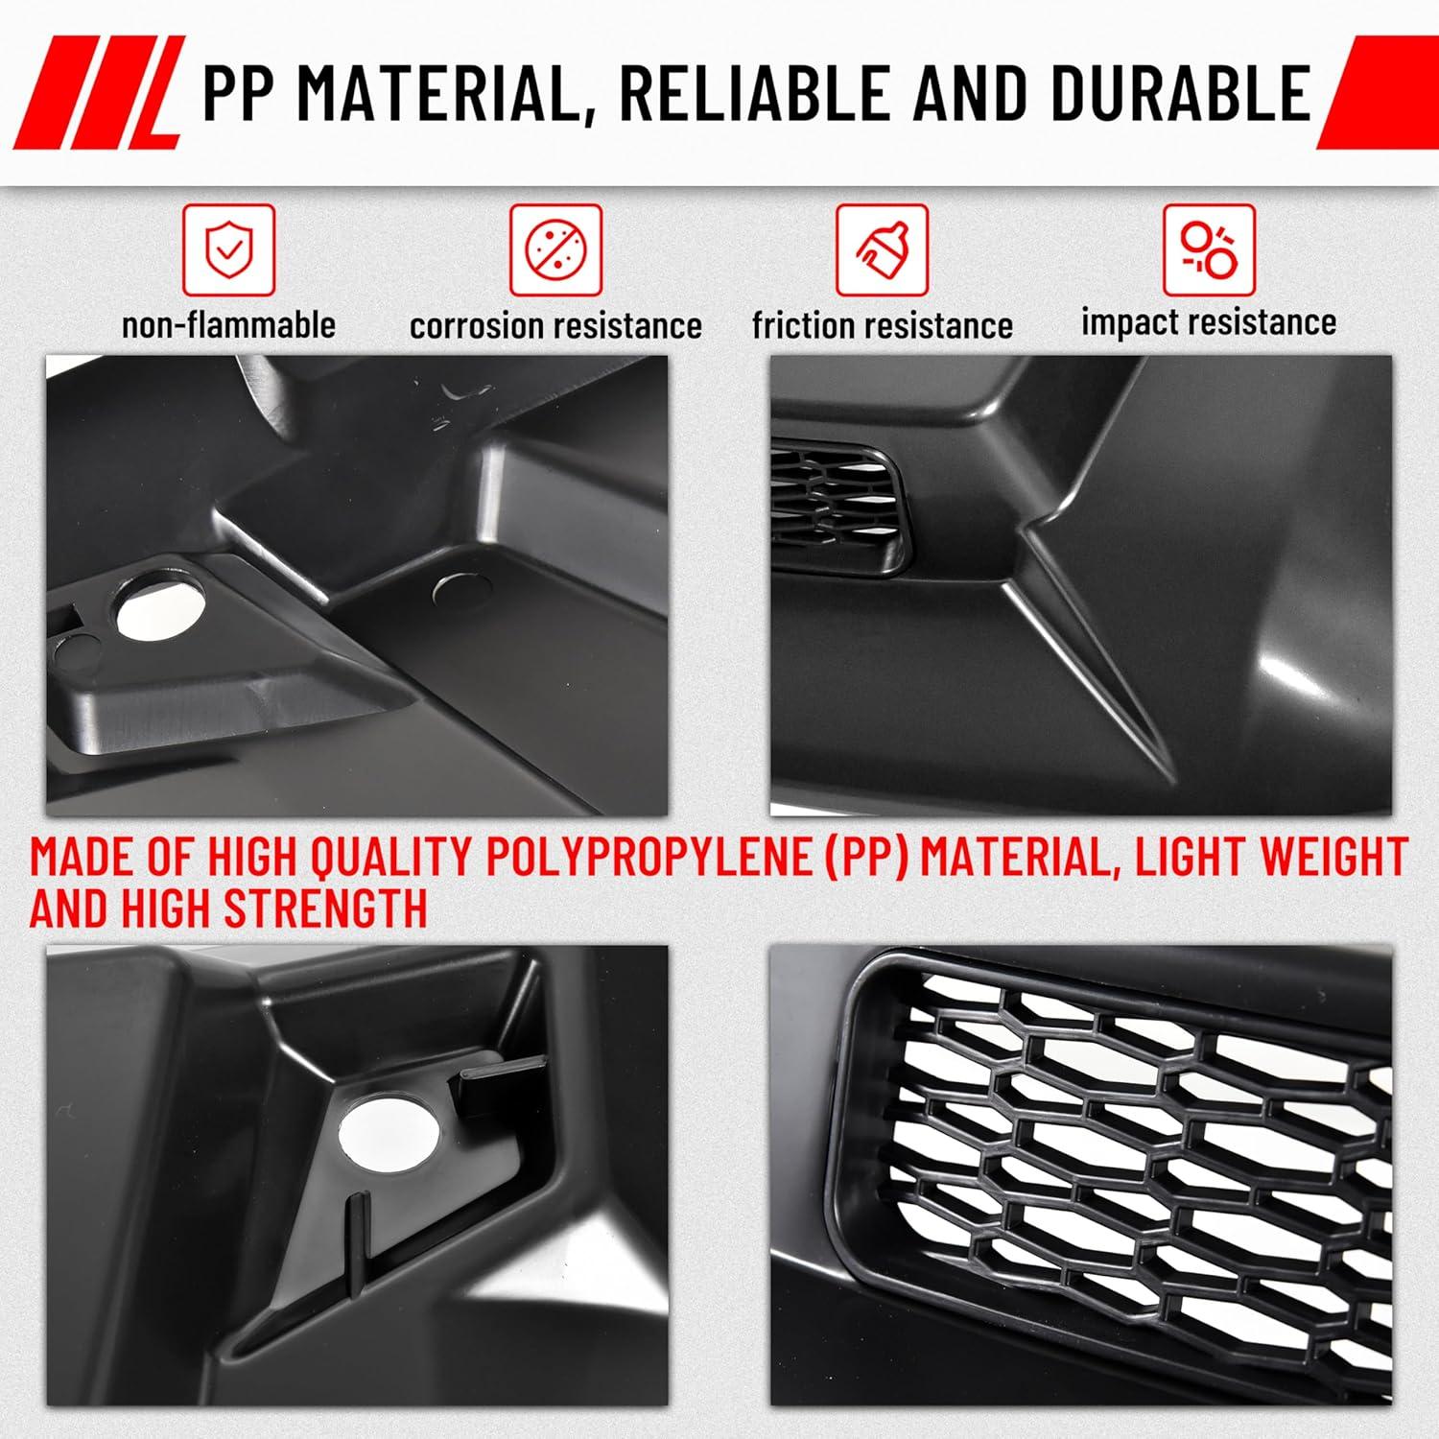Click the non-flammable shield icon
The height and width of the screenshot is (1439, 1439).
(x=228, y=249)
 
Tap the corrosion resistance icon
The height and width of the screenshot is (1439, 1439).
(x=555, y=249)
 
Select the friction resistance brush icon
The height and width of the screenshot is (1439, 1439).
(x=882, y=249)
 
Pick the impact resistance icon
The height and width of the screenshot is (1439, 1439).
(x=1209, y=249)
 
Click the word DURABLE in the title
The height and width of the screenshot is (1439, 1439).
(x=1181, y=93)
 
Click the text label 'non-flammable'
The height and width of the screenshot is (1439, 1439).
(x=228, y=324)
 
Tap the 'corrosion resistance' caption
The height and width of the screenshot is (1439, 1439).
(x=555, y=325)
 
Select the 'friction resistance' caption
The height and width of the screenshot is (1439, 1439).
(x=882, y=325)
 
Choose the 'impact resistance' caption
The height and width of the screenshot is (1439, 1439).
(x=1209, y=322)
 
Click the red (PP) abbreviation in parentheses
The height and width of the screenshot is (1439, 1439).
(x=867, y=858)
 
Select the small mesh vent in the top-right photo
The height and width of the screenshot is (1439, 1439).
(x=837, y=504)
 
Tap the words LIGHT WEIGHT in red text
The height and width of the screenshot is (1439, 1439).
(x=1271, y=857)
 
